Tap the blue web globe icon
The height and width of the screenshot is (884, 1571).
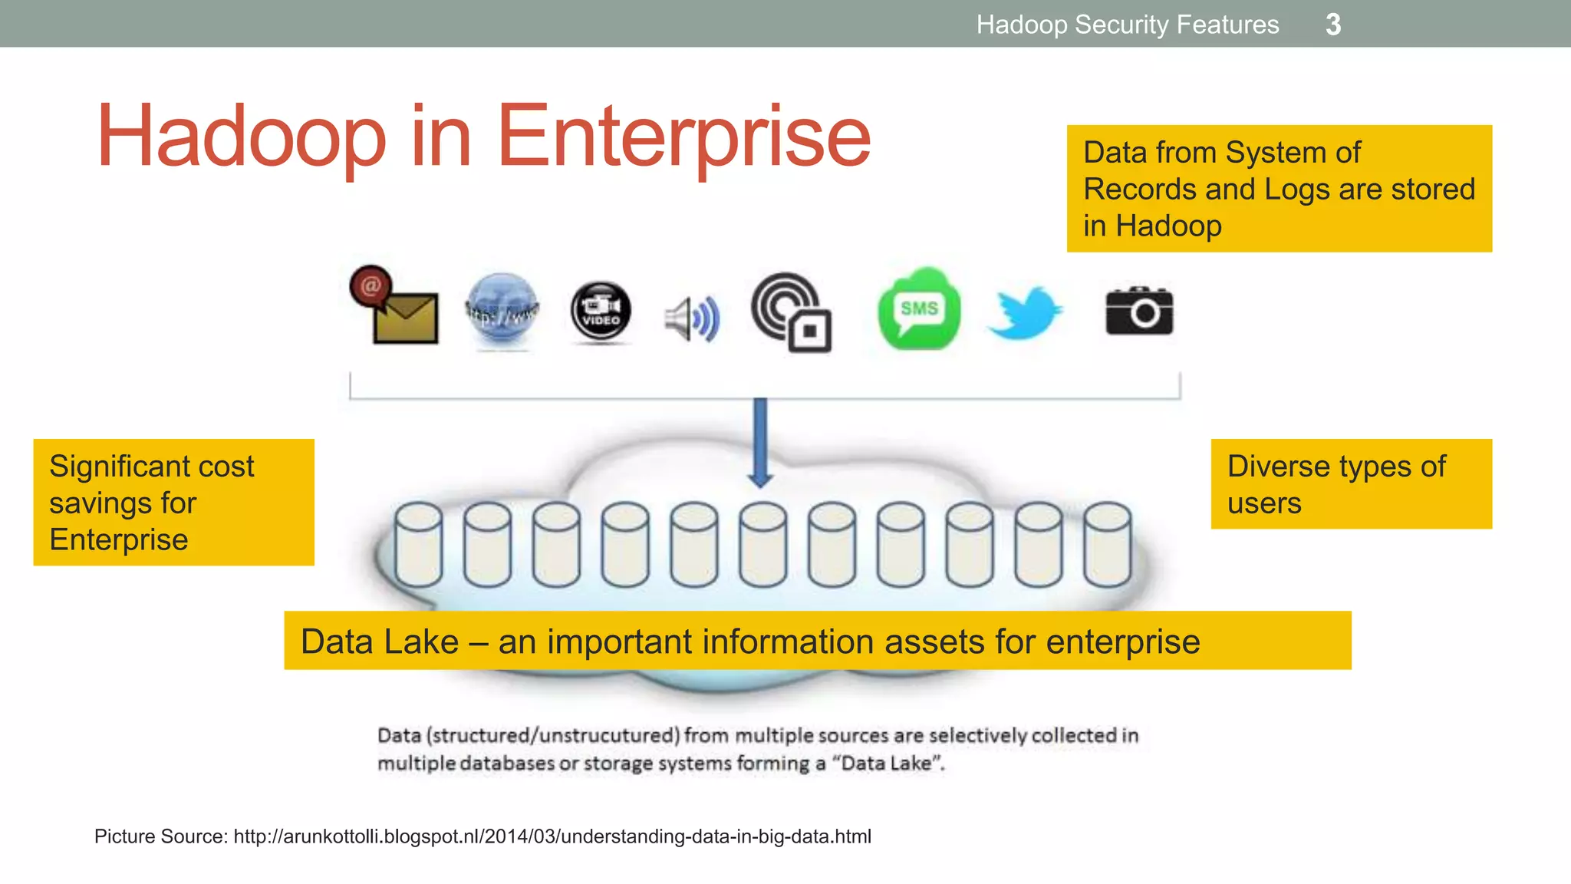coord(502,310)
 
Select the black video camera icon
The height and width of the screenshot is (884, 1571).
coord(601,312)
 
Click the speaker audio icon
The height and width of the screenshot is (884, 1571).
coord(692,318)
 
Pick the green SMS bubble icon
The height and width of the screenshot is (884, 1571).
coord(919,308)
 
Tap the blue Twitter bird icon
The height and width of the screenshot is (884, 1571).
coord(1025,313)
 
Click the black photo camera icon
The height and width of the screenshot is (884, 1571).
coord(1139,312)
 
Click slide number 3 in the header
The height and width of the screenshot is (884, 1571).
coord(1333,25)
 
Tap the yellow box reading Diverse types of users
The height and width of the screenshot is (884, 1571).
coord(1351,483)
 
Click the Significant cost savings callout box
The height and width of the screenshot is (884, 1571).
coord(173,502)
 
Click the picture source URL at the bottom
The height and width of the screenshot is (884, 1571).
coord(552,836)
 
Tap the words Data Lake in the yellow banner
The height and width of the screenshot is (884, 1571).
coord(380,642)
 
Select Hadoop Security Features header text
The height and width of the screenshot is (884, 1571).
coord(1128,25)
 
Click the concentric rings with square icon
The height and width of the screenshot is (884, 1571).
coord(791,312)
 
